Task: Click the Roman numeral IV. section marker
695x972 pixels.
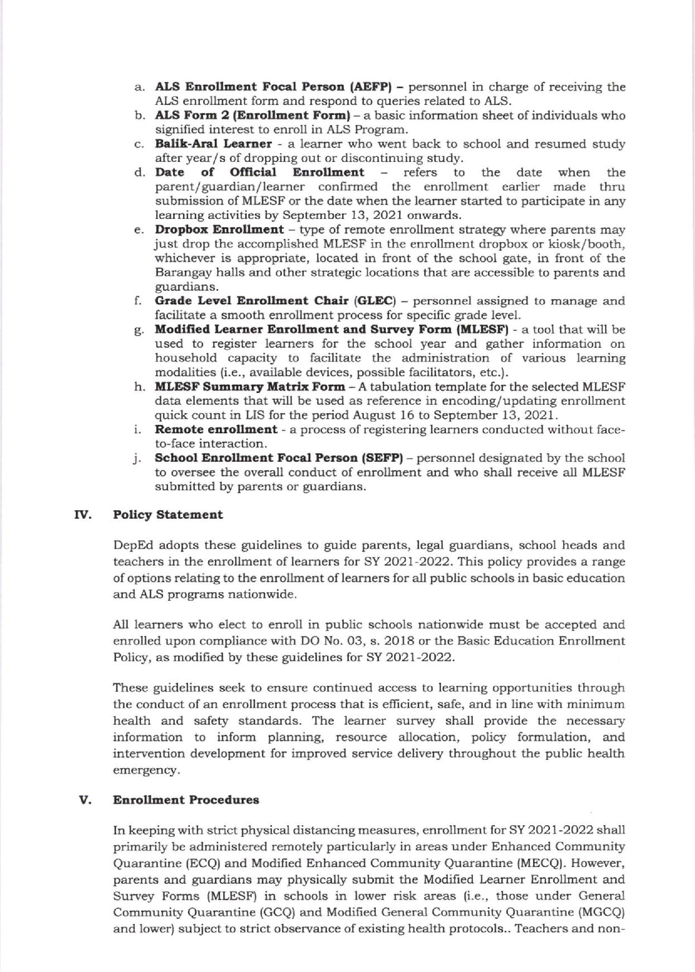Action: coord(82,515)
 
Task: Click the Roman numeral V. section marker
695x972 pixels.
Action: coord(84,800)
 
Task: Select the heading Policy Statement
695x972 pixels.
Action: coord(167,515)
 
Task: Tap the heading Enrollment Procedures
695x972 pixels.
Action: coord(186,800)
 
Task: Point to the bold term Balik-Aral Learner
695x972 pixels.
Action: coord(213,144)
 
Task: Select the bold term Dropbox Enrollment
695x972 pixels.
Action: coord(219,230)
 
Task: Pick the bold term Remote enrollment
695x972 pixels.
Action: coord(215,430)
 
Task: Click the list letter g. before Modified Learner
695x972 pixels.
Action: coord(138,331)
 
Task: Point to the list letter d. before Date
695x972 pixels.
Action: coord(139,173)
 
